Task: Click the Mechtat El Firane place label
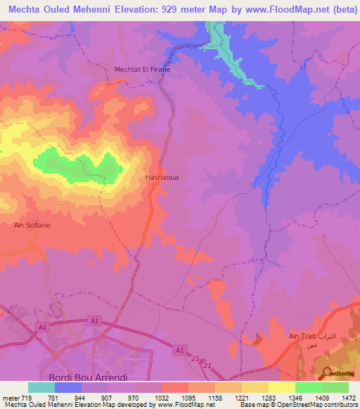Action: pos(143,70)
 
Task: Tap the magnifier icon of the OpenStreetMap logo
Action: pos(328,372)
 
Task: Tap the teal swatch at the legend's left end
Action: pos(41,387)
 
